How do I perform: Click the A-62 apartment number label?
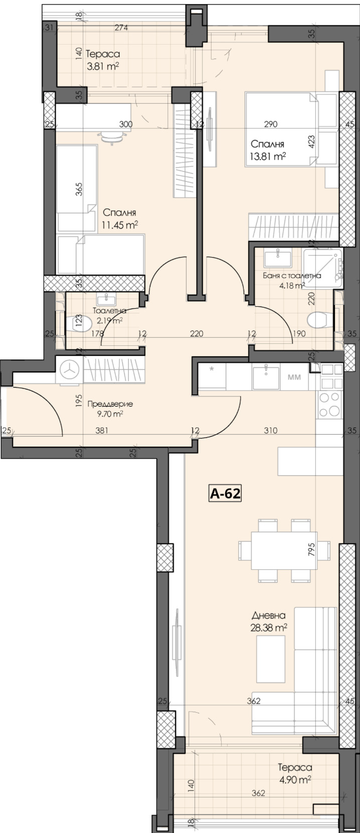click(x=225, y=494)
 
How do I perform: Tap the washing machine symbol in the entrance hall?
click(x=70, y=370)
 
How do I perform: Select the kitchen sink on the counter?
click(x=266, y=376)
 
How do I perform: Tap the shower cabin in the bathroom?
click(x=324, y=268)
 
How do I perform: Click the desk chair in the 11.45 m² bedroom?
click(x=111, y=136)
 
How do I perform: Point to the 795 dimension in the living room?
click(x=311, y=550)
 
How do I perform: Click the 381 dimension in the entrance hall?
click(x=102, y=430)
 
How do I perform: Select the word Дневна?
click(x=268, y=615)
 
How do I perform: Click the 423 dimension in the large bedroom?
click(x=311, y=142)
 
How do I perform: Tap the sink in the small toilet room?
click(x=106, y=300)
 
